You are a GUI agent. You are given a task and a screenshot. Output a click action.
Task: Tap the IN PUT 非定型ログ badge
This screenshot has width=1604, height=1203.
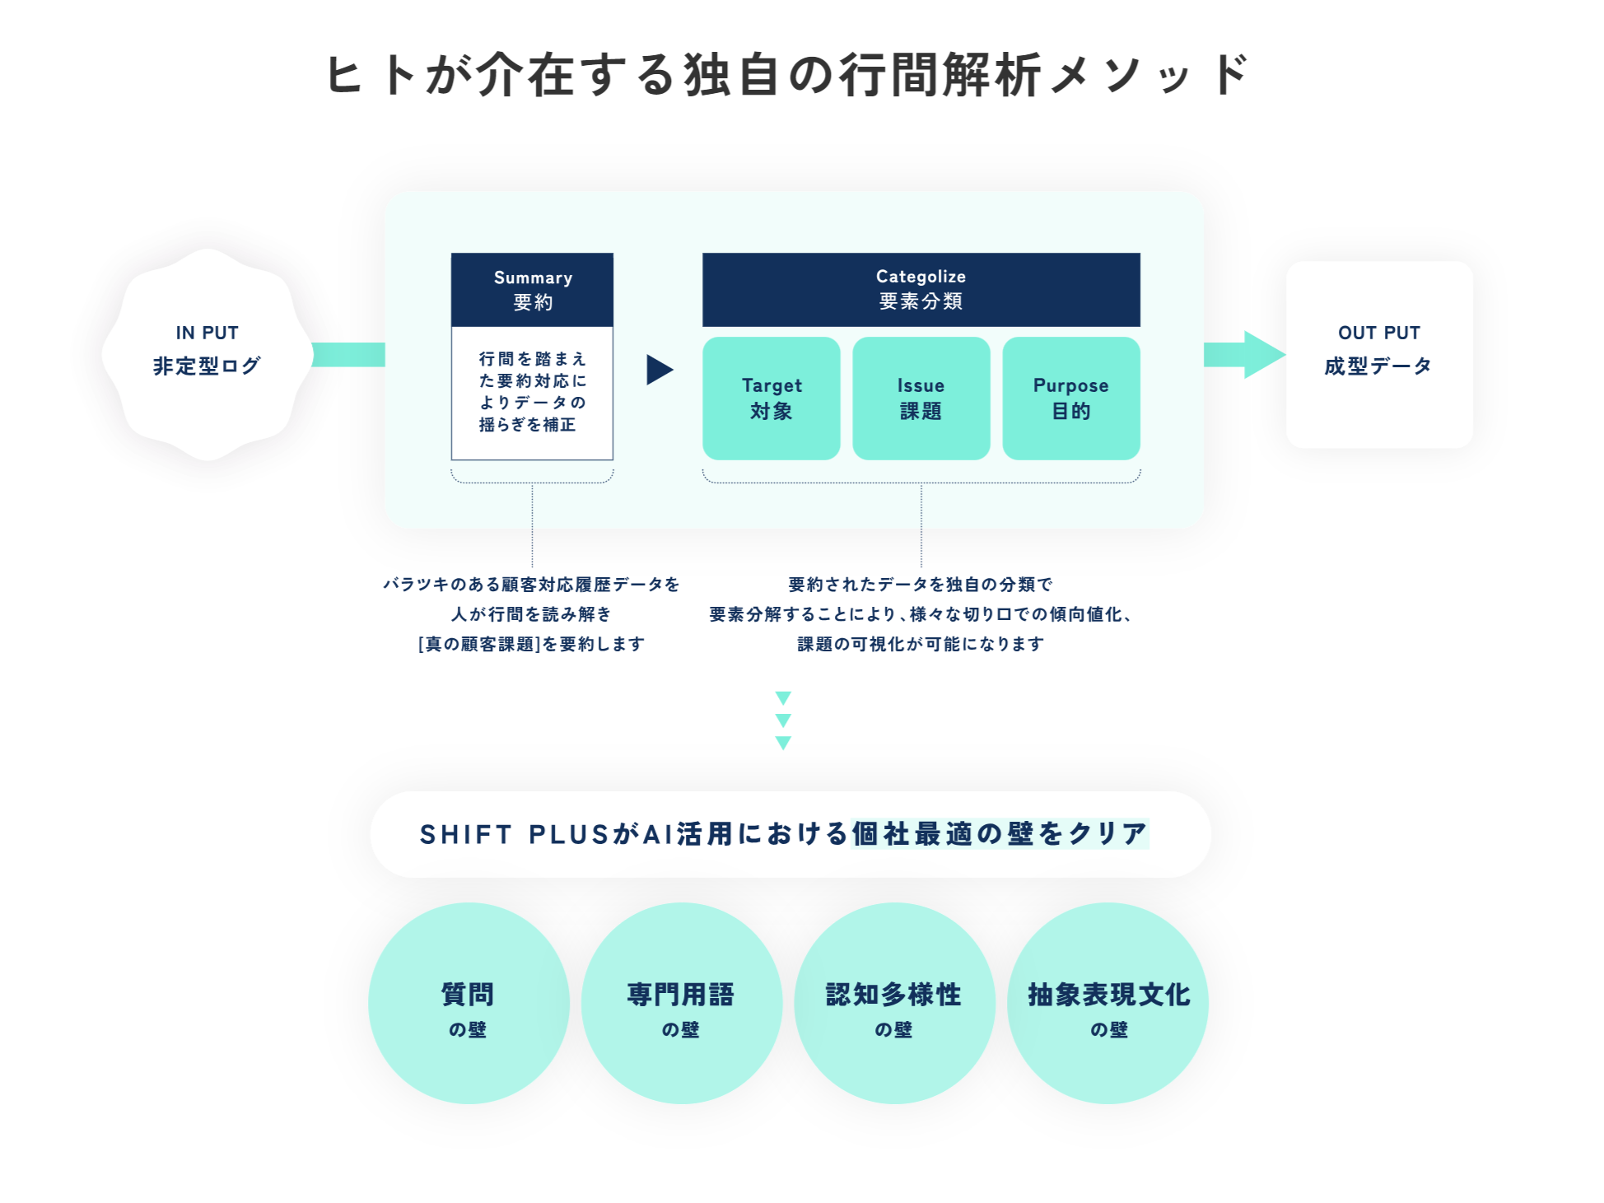pyautogui.click(x=207, y=353)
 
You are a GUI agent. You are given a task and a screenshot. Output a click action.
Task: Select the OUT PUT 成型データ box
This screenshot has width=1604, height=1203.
pyautogui.click(x=1379, y=354)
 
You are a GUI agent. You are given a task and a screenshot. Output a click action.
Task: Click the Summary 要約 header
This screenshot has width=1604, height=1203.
pyautogui.click(x=533, y=290)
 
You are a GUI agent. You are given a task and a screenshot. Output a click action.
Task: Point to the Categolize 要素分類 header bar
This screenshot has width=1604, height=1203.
pyautogui.click(x=921, y=289)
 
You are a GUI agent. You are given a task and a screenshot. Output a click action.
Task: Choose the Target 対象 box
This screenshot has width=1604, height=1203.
pyautogui.click(x=772, y=399)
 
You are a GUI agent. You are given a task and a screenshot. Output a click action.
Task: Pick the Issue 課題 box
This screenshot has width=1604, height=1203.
pyautogui.click(x=921, y=399)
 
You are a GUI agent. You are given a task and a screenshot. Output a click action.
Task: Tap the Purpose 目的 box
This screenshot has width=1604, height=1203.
pyautogui.click(x=1070, y=399)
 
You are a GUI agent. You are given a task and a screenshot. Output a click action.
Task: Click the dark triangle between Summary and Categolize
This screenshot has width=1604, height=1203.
pyautogui.click(x=659, y=370)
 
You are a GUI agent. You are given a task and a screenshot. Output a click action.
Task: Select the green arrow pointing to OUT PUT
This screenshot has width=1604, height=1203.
pyautogui.click(x=1245, y=355)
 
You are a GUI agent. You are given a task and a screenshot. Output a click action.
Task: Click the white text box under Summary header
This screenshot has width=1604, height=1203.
pyautogui.click(x=533, y=393)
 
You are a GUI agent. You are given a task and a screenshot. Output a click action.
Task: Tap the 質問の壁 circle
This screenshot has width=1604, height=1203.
pyautogui.click(x=469, y=1003)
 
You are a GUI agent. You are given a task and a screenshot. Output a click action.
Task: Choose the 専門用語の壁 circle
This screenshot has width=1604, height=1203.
pyautogui.click(x=681, y=1003)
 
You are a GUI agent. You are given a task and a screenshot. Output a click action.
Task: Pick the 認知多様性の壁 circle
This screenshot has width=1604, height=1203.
pyautogui.click(x=894, y=1003)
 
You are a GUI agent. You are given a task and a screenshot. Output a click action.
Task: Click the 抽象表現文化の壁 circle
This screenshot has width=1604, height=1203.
pyautogui.click(x=1107, y=1003)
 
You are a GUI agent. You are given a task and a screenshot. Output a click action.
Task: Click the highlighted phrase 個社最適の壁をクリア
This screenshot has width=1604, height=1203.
pyautogui.click(x=1000, y=833)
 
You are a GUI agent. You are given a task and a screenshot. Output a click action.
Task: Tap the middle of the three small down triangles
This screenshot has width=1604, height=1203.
pyautogui.click(x=783, y=720)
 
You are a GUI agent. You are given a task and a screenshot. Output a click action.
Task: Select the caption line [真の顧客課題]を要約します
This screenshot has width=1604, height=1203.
pyautogui.click(x=532, y=644)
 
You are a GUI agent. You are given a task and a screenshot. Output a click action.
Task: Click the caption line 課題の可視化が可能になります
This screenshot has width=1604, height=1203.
pyautogui.click(x=921, y=644)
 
